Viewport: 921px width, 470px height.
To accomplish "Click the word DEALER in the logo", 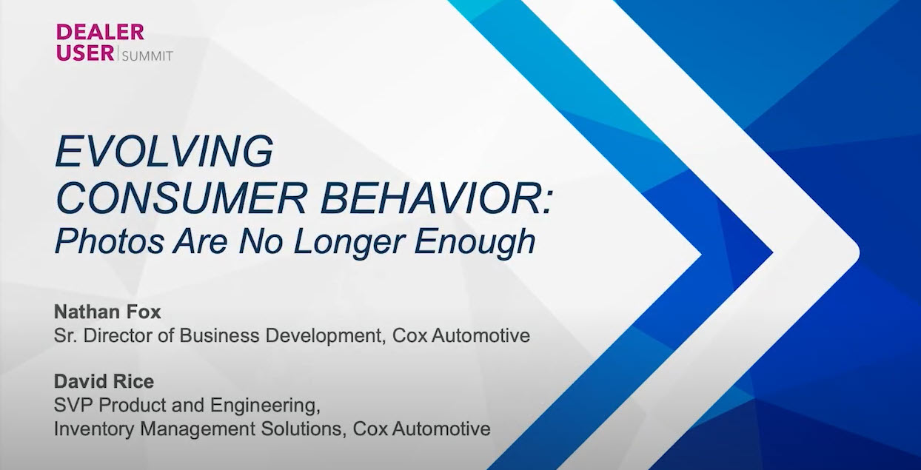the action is (x=101, y=32).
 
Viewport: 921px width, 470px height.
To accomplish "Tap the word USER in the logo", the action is (x=85, y=53).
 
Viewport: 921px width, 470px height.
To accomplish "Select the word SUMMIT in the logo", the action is (x=147, y=56).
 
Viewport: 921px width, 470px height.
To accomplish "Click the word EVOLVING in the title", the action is (x=164, y=150).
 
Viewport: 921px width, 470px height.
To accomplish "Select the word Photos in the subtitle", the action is (x=110, y=241).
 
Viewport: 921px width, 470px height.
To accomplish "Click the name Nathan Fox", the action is (x=107, y=312).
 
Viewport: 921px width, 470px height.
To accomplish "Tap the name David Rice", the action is (x=104, y=382).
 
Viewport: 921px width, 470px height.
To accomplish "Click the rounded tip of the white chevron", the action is (x=858, y=252).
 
